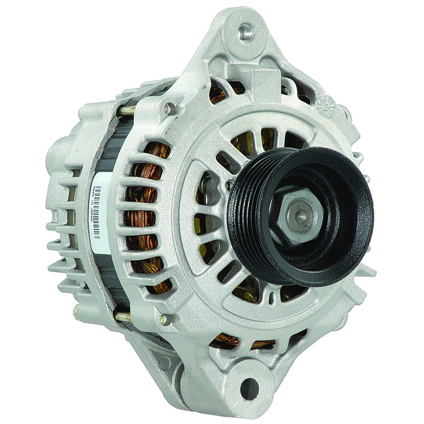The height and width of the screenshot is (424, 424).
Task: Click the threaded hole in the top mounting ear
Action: pyautogui.click(x=245, y=32)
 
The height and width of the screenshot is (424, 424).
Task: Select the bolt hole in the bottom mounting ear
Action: pyautogui.click(x=249, y=388)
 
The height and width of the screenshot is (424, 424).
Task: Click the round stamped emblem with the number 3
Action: pyautogui.click(x=326, y=106)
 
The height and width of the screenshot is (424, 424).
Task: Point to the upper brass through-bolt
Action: pyautogui.click(x=126, y=111)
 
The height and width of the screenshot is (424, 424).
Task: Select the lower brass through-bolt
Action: pyautogui.click(x=123, y=316)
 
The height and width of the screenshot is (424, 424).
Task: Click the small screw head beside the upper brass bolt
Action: pyautogui.click(x=170, y=109)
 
